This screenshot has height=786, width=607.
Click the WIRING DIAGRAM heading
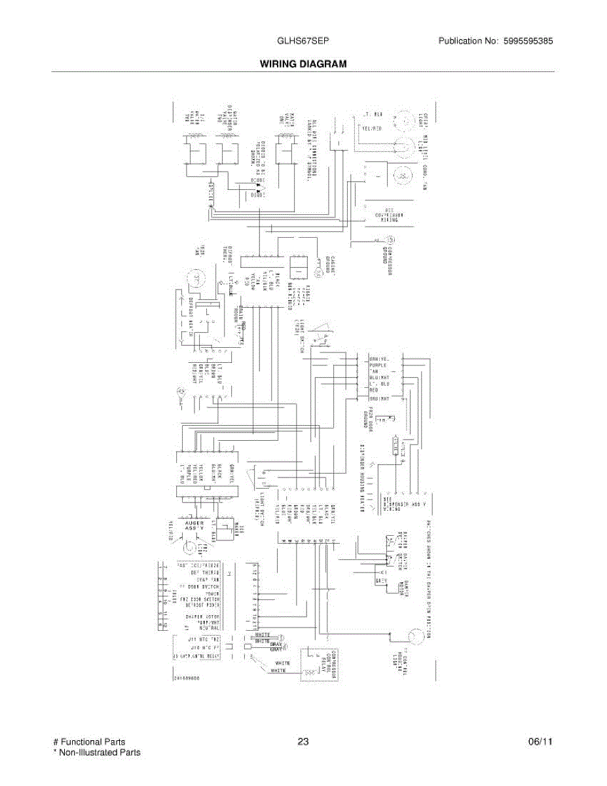pos(303,64)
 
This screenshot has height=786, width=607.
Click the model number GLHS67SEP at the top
pos(303,41)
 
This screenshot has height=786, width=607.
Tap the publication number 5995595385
pos(528,41)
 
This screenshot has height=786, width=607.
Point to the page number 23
pos(303,742)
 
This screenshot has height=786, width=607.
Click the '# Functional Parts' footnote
pos(89,742)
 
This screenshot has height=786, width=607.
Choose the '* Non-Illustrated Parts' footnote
pos(97,753)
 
